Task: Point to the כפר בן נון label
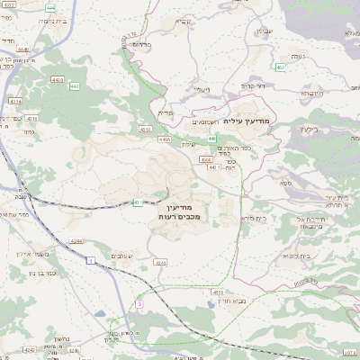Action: [40, 272]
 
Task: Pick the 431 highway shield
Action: [139, 202]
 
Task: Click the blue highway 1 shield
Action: [90, 259]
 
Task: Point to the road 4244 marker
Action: [76, 240]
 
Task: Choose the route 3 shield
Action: [139, 305]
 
